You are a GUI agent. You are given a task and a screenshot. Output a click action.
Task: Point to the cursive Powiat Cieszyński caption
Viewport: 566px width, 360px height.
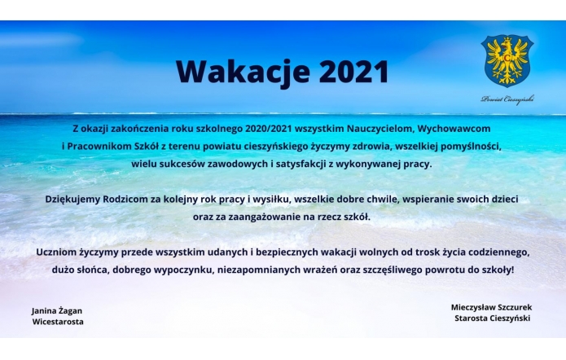point(507,99)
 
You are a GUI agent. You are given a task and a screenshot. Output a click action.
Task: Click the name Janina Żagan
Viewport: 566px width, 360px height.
point(57,310)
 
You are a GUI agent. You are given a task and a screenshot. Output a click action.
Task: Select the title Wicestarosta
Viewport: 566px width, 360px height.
point(58,322)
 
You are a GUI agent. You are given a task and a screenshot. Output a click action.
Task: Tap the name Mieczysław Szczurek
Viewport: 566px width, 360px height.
point(491,307)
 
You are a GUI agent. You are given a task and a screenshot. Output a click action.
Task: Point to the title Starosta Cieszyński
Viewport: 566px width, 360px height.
point(493,318)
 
